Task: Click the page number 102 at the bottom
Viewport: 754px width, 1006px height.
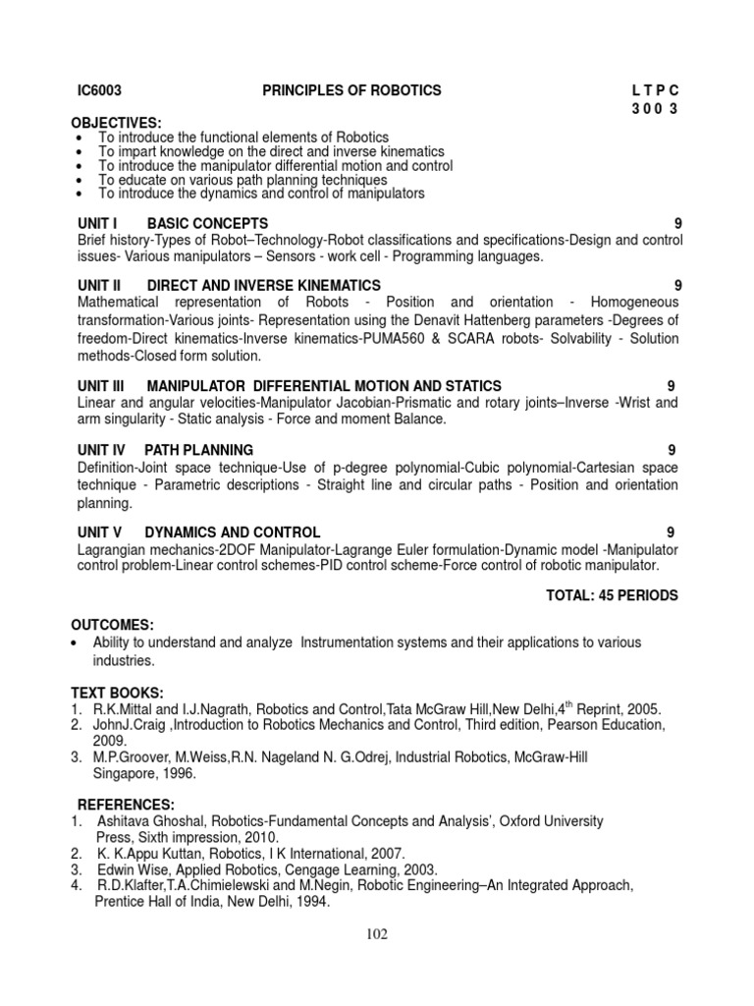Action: pos(376,934)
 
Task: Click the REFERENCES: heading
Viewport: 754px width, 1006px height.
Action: pos(126,803)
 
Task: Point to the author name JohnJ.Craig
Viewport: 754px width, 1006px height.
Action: pos(128,725)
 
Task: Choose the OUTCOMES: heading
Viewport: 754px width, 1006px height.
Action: pos(112,625)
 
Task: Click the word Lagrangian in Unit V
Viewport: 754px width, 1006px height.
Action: pos(112,549)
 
